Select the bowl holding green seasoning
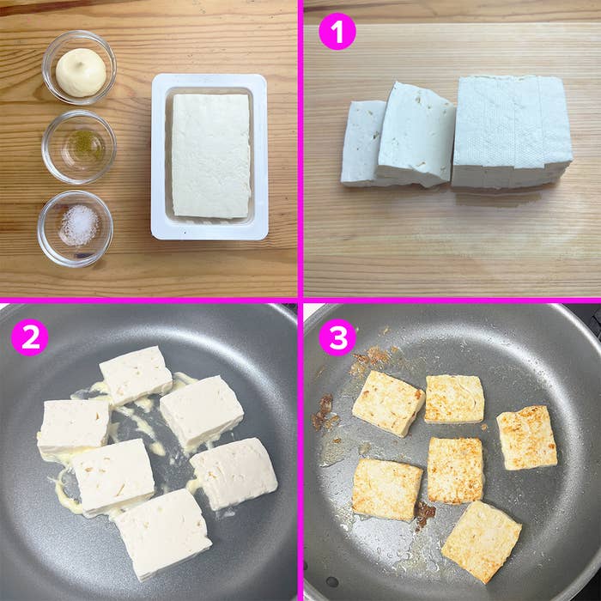click(x=79, y=146)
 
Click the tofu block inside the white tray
click(x=210, y=155)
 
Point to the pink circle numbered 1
click(x=337, y=33)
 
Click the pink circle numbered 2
click(x=29, y=337)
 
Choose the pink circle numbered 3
click(x=337, y=337)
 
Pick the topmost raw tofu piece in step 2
click(x=136, y=374)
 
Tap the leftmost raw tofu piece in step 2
click(x=73, y=427)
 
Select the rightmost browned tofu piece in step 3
click(x=526, y=437)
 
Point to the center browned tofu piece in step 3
click(x=455, y=470)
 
